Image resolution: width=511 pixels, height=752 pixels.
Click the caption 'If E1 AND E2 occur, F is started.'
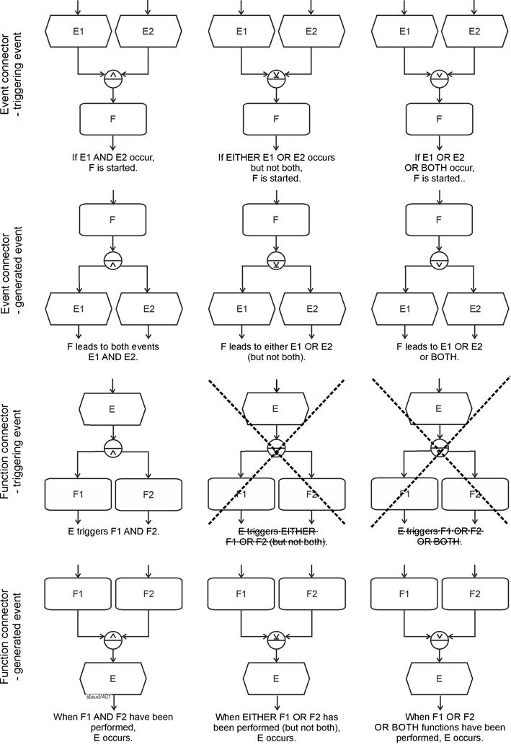click(112, 162)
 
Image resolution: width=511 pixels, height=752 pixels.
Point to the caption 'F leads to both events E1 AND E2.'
click(112, 352)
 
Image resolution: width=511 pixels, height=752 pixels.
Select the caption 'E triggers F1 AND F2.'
click(112, 532)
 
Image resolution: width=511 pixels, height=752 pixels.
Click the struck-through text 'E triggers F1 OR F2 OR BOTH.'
click(440, 537)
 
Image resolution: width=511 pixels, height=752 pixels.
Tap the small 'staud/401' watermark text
click(98, 697)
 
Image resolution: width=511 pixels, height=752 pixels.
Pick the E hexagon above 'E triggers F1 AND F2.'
click(112, 408)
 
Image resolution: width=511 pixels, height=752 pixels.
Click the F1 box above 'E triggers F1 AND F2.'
click(78, 495)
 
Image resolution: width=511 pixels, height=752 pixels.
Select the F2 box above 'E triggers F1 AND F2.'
click(148, 495)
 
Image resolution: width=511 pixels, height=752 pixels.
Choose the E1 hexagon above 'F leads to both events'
click(78, 309)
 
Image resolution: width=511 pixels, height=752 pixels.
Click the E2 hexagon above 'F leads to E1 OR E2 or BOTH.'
click(474, 309)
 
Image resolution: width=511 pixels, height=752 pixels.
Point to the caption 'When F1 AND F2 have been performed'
click(112, 728)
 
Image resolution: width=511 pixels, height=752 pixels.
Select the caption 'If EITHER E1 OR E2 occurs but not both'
click(276, 167)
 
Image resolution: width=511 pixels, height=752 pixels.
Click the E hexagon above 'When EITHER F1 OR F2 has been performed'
click(276, 679)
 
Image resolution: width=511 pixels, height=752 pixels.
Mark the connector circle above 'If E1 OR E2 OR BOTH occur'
click(440, 79)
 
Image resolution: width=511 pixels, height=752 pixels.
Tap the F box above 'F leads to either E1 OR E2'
click(276, 219)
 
